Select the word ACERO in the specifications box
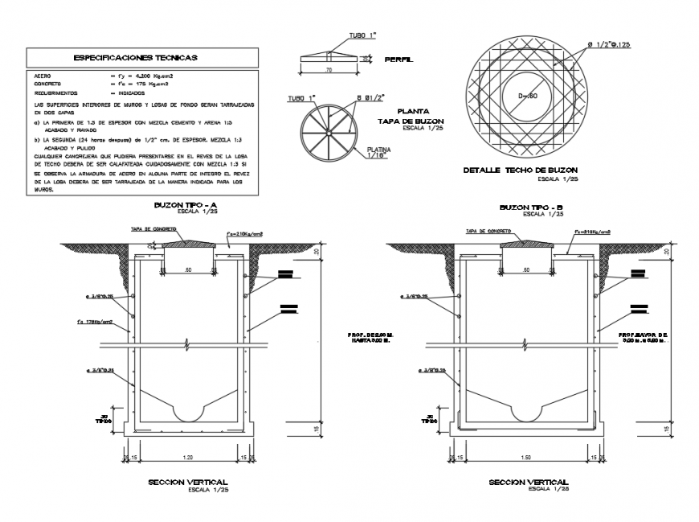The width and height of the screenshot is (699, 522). [43, 76]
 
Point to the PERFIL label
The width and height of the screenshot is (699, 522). [399, 60]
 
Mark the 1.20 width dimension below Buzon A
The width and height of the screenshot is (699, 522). [189, 457]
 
